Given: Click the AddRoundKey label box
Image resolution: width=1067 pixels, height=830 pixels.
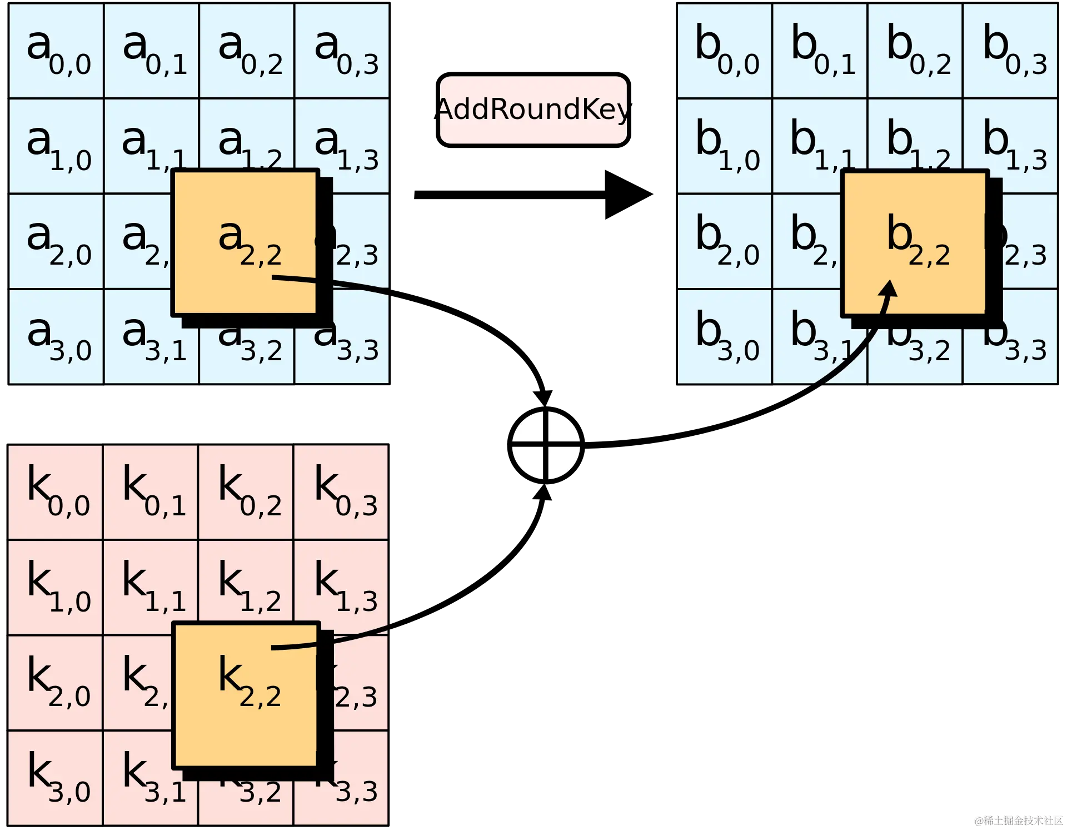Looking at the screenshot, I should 533,110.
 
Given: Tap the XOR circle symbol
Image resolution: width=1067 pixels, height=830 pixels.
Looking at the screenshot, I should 546,445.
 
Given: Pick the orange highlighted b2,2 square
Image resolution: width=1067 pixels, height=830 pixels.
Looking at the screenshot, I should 915,243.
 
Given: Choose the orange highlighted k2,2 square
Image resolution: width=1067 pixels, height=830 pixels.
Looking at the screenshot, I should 247,695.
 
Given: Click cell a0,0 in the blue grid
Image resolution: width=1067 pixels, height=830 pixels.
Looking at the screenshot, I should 57,51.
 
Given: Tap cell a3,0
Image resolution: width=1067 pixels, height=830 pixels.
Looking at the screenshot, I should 57,337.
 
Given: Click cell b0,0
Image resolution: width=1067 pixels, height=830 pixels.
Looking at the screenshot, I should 725,51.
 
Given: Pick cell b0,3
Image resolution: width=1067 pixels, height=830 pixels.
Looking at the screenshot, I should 1010,51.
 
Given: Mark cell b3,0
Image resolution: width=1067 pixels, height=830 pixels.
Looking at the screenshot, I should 725,337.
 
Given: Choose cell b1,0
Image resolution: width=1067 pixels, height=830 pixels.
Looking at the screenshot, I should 725,146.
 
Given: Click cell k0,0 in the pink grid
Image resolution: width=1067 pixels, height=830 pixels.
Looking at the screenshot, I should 56,493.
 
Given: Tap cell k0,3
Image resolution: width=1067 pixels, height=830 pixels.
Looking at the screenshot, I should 341,493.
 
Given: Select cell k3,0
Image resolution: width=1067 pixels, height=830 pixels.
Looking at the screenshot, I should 56,778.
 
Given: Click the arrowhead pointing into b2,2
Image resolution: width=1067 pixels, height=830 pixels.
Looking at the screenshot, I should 889,289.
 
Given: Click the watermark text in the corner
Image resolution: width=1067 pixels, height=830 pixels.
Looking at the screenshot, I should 1018,820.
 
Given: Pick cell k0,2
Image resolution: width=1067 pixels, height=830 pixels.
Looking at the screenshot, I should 246,493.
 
